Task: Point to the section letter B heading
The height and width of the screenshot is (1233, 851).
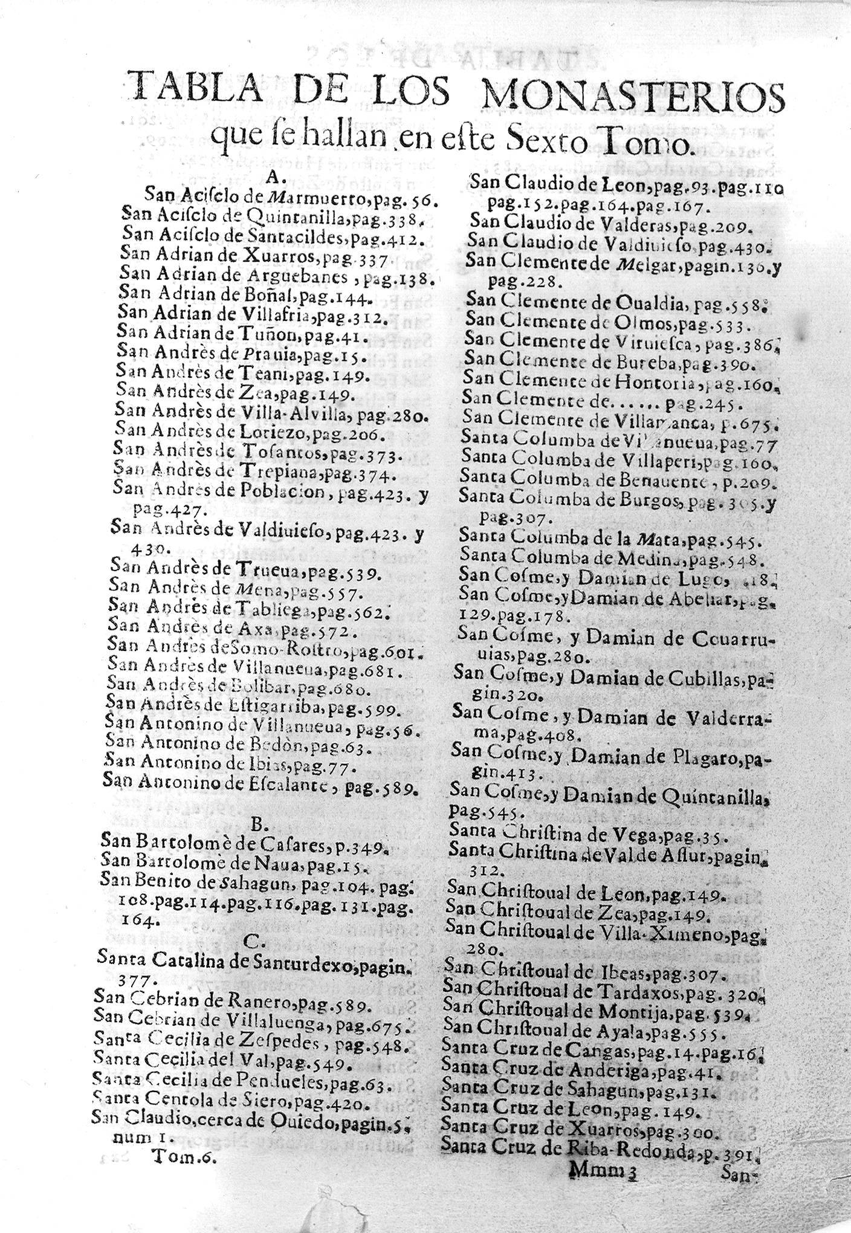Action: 256,825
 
